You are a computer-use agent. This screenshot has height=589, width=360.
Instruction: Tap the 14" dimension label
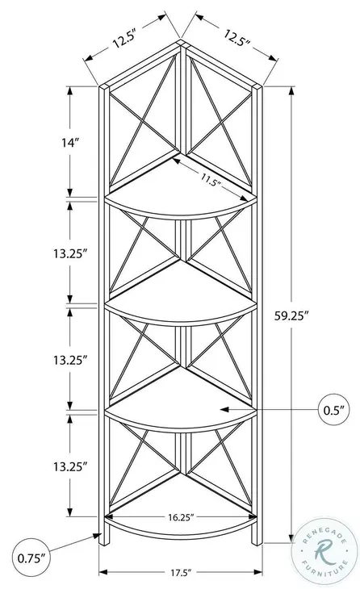70,142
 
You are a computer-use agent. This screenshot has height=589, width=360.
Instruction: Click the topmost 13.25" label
69,253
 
